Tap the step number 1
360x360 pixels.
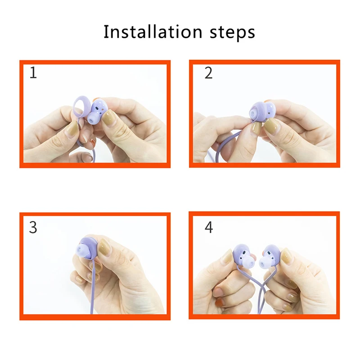pyautogui.click(x=33, y=73)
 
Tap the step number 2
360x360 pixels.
pyautogui.click(x=208, y=73)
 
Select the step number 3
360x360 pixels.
pyautogui.click(x=33, y=228)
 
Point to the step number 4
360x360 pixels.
pyautogui.click(x=209, y=228)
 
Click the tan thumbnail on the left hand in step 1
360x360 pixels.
pyautogui.click(x=72, y=131)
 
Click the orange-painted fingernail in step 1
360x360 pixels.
pyautogui.click(x=93, y=143)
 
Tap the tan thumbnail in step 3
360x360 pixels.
pyautogui.click(x=103, y=247)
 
